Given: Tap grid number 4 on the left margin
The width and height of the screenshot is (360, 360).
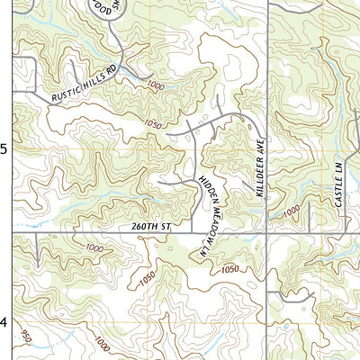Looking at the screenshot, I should click(x=4, y=322).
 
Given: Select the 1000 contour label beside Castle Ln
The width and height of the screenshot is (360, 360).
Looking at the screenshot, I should click(x=290, y=211).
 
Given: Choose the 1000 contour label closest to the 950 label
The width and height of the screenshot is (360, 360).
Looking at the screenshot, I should click(x=101, y=345).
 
